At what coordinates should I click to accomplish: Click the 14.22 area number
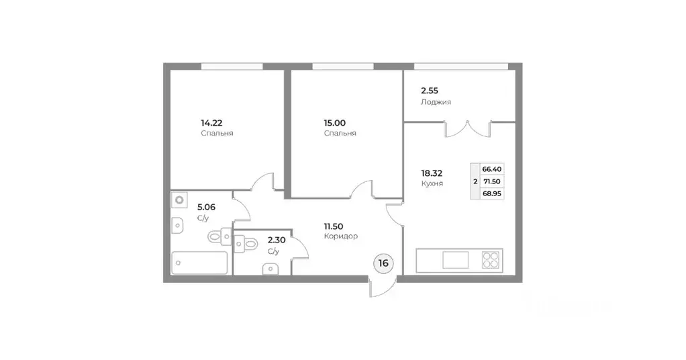click(211, 123)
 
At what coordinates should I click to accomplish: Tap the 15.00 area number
click(335, 123)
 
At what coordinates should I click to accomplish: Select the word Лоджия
click(436, 102)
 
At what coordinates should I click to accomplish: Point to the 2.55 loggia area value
click(430, 91)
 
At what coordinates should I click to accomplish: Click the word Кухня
click(432, 183)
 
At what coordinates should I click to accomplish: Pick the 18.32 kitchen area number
click(432, 172)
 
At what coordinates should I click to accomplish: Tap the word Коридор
click(340, 236)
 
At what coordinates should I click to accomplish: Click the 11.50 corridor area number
click(336, 226)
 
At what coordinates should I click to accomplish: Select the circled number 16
click(383, 263)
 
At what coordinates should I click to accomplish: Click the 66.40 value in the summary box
click(492, 169)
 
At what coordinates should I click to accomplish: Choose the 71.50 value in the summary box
click(492, 181)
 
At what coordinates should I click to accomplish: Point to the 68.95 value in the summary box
click(492, 193)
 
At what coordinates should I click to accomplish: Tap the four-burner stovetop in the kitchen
click(491, 259)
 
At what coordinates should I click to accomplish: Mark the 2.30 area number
click(276, 240)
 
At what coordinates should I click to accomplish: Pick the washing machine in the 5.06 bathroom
click(179, 200)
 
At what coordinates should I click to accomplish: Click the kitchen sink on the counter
click(456, 259)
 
